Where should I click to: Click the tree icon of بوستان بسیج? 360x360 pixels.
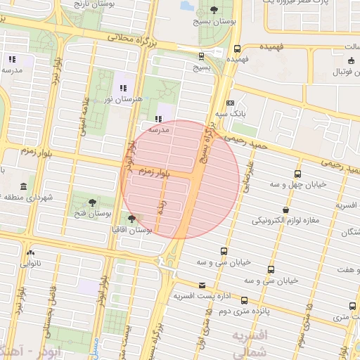(x=214, y=10)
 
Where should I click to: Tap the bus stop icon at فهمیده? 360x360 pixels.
(x=237, y=49)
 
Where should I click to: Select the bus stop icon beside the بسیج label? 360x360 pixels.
(x=202, y=56)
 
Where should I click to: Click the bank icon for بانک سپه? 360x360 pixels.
(x=231, y=103)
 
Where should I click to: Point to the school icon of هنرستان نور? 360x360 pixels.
(x=124, y=89)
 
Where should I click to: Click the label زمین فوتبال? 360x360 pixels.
(x=336, y=72)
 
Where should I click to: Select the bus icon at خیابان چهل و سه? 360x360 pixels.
(x=298, y=174)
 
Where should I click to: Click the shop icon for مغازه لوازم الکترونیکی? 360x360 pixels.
(x=285, y=210)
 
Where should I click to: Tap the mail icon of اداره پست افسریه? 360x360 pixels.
(x=202, y=285)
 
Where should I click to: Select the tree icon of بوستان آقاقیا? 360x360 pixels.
(x=132, y=219)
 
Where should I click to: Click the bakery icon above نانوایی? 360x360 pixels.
(x=30, y=252)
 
